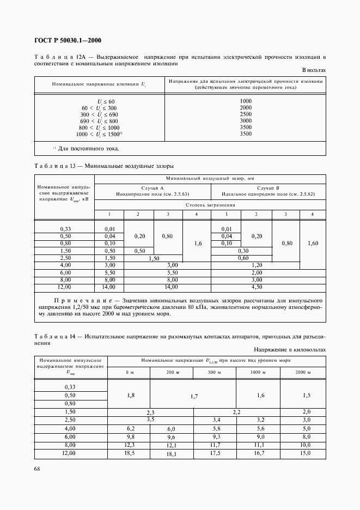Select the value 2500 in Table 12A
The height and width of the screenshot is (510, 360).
tap(246, 114)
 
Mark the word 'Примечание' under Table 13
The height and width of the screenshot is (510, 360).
tap(79, 300)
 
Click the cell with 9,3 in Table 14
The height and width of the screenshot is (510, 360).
tap(217, 436)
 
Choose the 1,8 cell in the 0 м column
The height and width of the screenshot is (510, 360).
tap(129, 394)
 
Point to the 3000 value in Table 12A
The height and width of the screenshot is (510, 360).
tap(246, 120)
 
